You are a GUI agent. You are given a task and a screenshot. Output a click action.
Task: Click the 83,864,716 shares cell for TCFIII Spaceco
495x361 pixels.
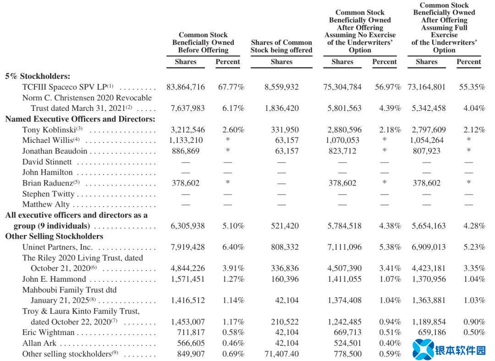point(186,87)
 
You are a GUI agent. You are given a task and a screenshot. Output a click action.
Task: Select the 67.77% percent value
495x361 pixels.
point(231,87)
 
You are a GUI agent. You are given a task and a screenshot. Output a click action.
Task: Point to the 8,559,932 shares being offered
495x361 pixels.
point(281,87)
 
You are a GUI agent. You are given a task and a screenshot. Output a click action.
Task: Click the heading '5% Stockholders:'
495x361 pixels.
point(38,76)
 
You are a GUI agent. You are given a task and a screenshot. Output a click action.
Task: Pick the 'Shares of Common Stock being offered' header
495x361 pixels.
point(281,46)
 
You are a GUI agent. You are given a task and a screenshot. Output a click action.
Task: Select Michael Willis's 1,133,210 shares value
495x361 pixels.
point(186,140)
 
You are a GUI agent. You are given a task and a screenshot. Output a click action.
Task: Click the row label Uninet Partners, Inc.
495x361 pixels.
point(57,247)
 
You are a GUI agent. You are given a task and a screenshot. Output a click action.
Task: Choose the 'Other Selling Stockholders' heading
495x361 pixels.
point(54,236)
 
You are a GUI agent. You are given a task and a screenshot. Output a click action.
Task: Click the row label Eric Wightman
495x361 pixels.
point(49,332)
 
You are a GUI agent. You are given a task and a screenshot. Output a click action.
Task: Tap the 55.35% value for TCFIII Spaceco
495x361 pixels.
point(472,87)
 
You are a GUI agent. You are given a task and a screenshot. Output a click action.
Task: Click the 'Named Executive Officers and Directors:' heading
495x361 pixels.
point(80,119)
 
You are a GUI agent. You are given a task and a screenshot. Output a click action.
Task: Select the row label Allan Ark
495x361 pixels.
point(39,343)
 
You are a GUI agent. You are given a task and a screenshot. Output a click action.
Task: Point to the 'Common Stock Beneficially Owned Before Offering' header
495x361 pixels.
point(203,42)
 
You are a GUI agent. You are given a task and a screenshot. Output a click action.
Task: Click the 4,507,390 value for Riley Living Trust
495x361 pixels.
point(342,268)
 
